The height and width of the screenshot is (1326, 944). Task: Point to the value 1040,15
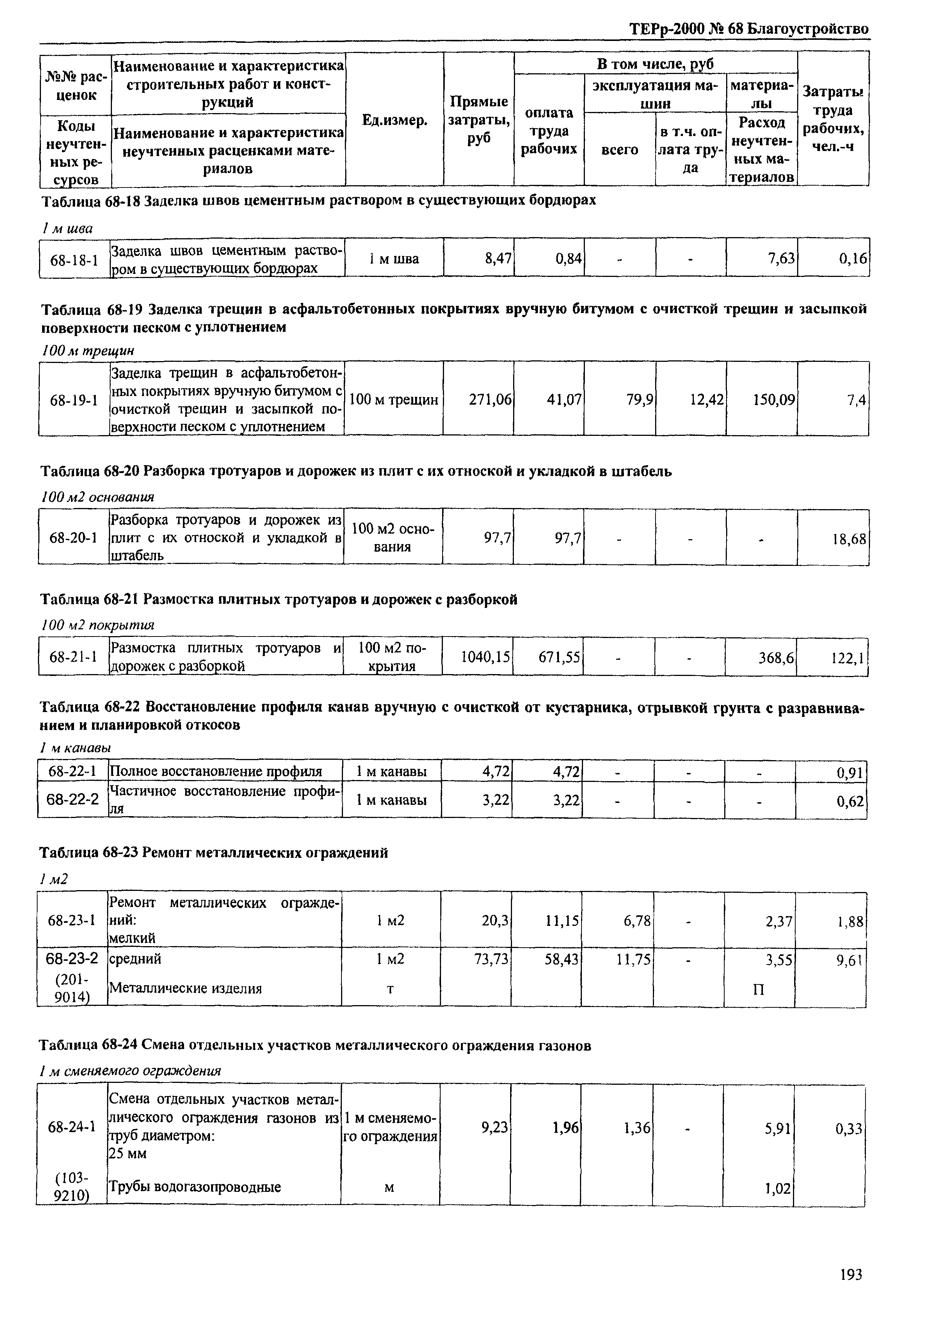485,658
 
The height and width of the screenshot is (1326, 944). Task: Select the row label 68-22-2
72,799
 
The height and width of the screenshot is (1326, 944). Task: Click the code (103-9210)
71,1187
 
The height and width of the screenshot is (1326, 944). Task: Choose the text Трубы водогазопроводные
195,1187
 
